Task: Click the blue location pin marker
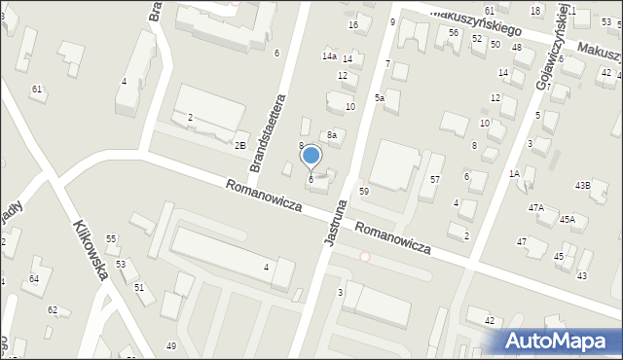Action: (311, 156)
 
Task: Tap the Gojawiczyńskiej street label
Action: (548, 49)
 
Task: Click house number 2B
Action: (239, 145)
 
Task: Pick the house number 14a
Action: (330, 57)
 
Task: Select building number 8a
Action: (332, 135)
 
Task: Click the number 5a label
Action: (380, 98)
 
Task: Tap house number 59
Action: (363, 192)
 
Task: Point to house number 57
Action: (435, 180)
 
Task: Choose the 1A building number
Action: (515, 173)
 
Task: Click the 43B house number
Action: (582, 185)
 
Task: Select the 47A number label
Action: (536, 208)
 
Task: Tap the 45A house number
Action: (568, 220)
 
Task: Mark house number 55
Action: (111, 238)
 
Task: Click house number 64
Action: (34, 279)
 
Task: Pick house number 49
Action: (171, 346)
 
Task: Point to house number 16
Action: (353, 24)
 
